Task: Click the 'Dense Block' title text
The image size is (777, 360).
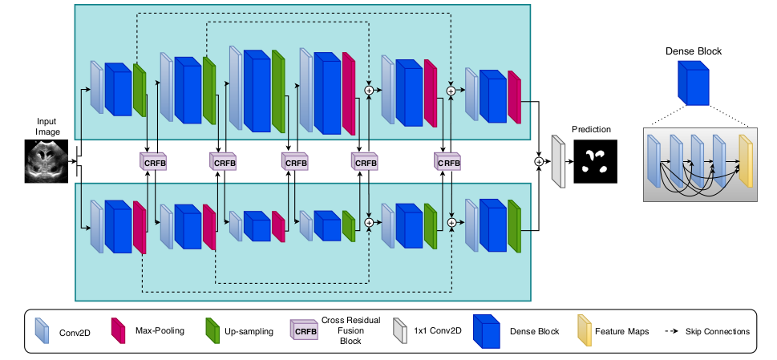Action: coord(694,51)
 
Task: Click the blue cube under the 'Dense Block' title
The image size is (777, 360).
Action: coord(694,83)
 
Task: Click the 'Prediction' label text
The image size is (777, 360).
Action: coord(591,129)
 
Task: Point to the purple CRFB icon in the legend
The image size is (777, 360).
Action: coord(306,330)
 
